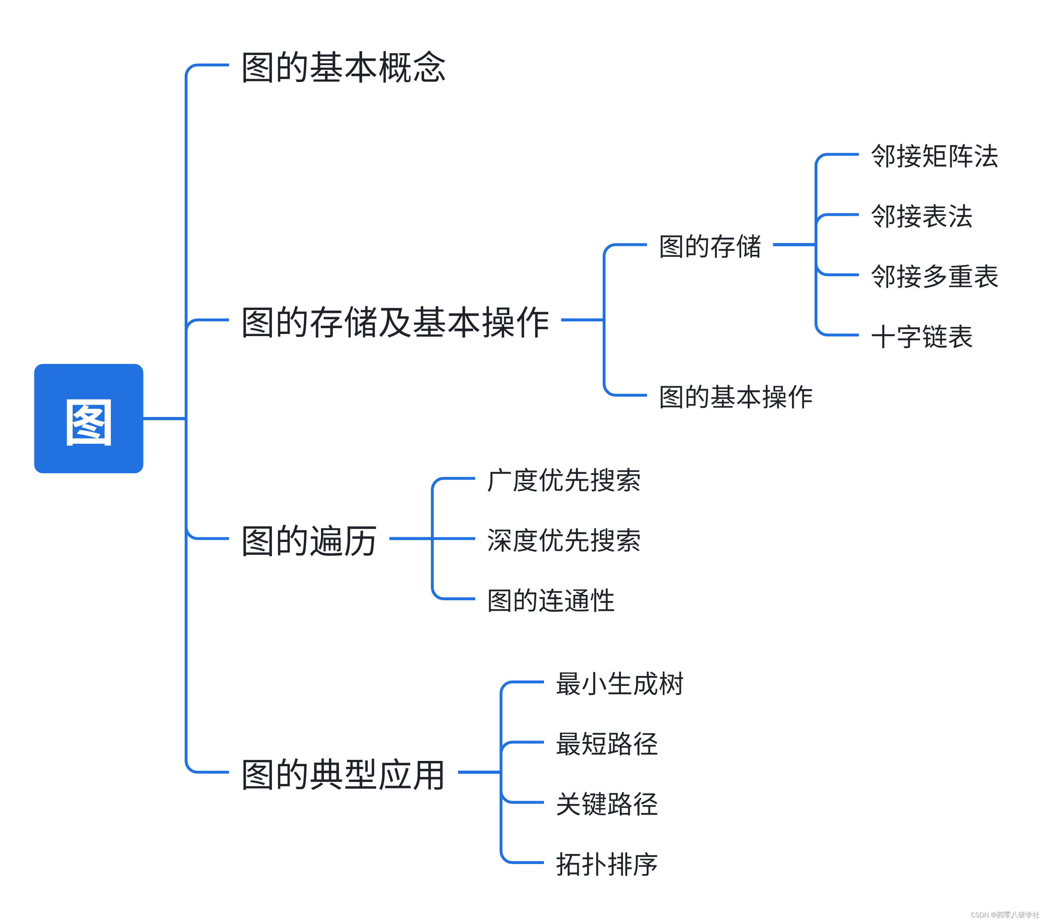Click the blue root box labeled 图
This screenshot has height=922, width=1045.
(88, 418)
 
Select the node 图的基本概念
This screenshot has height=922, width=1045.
(344, 68)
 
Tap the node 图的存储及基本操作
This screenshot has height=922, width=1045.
(395, 322)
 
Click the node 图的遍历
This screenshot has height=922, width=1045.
(309, 540)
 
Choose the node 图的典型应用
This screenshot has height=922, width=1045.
(343, 774)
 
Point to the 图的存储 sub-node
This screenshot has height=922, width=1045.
(710, 247)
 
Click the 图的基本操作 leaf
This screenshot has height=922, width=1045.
(736, 397)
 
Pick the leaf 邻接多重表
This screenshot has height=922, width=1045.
(934, 277)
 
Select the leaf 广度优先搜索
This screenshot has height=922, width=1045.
(563, 480)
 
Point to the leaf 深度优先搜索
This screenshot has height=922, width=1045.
(563, 540)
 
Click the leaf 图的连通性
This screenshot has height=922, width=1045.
(551, 600)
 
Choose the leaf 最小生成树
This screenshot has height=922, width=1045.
(619, 684)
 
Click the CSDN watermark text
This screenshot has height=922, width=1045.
(1005, 915)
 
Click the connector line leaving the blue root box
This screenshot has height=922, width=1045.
(164, 418)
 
